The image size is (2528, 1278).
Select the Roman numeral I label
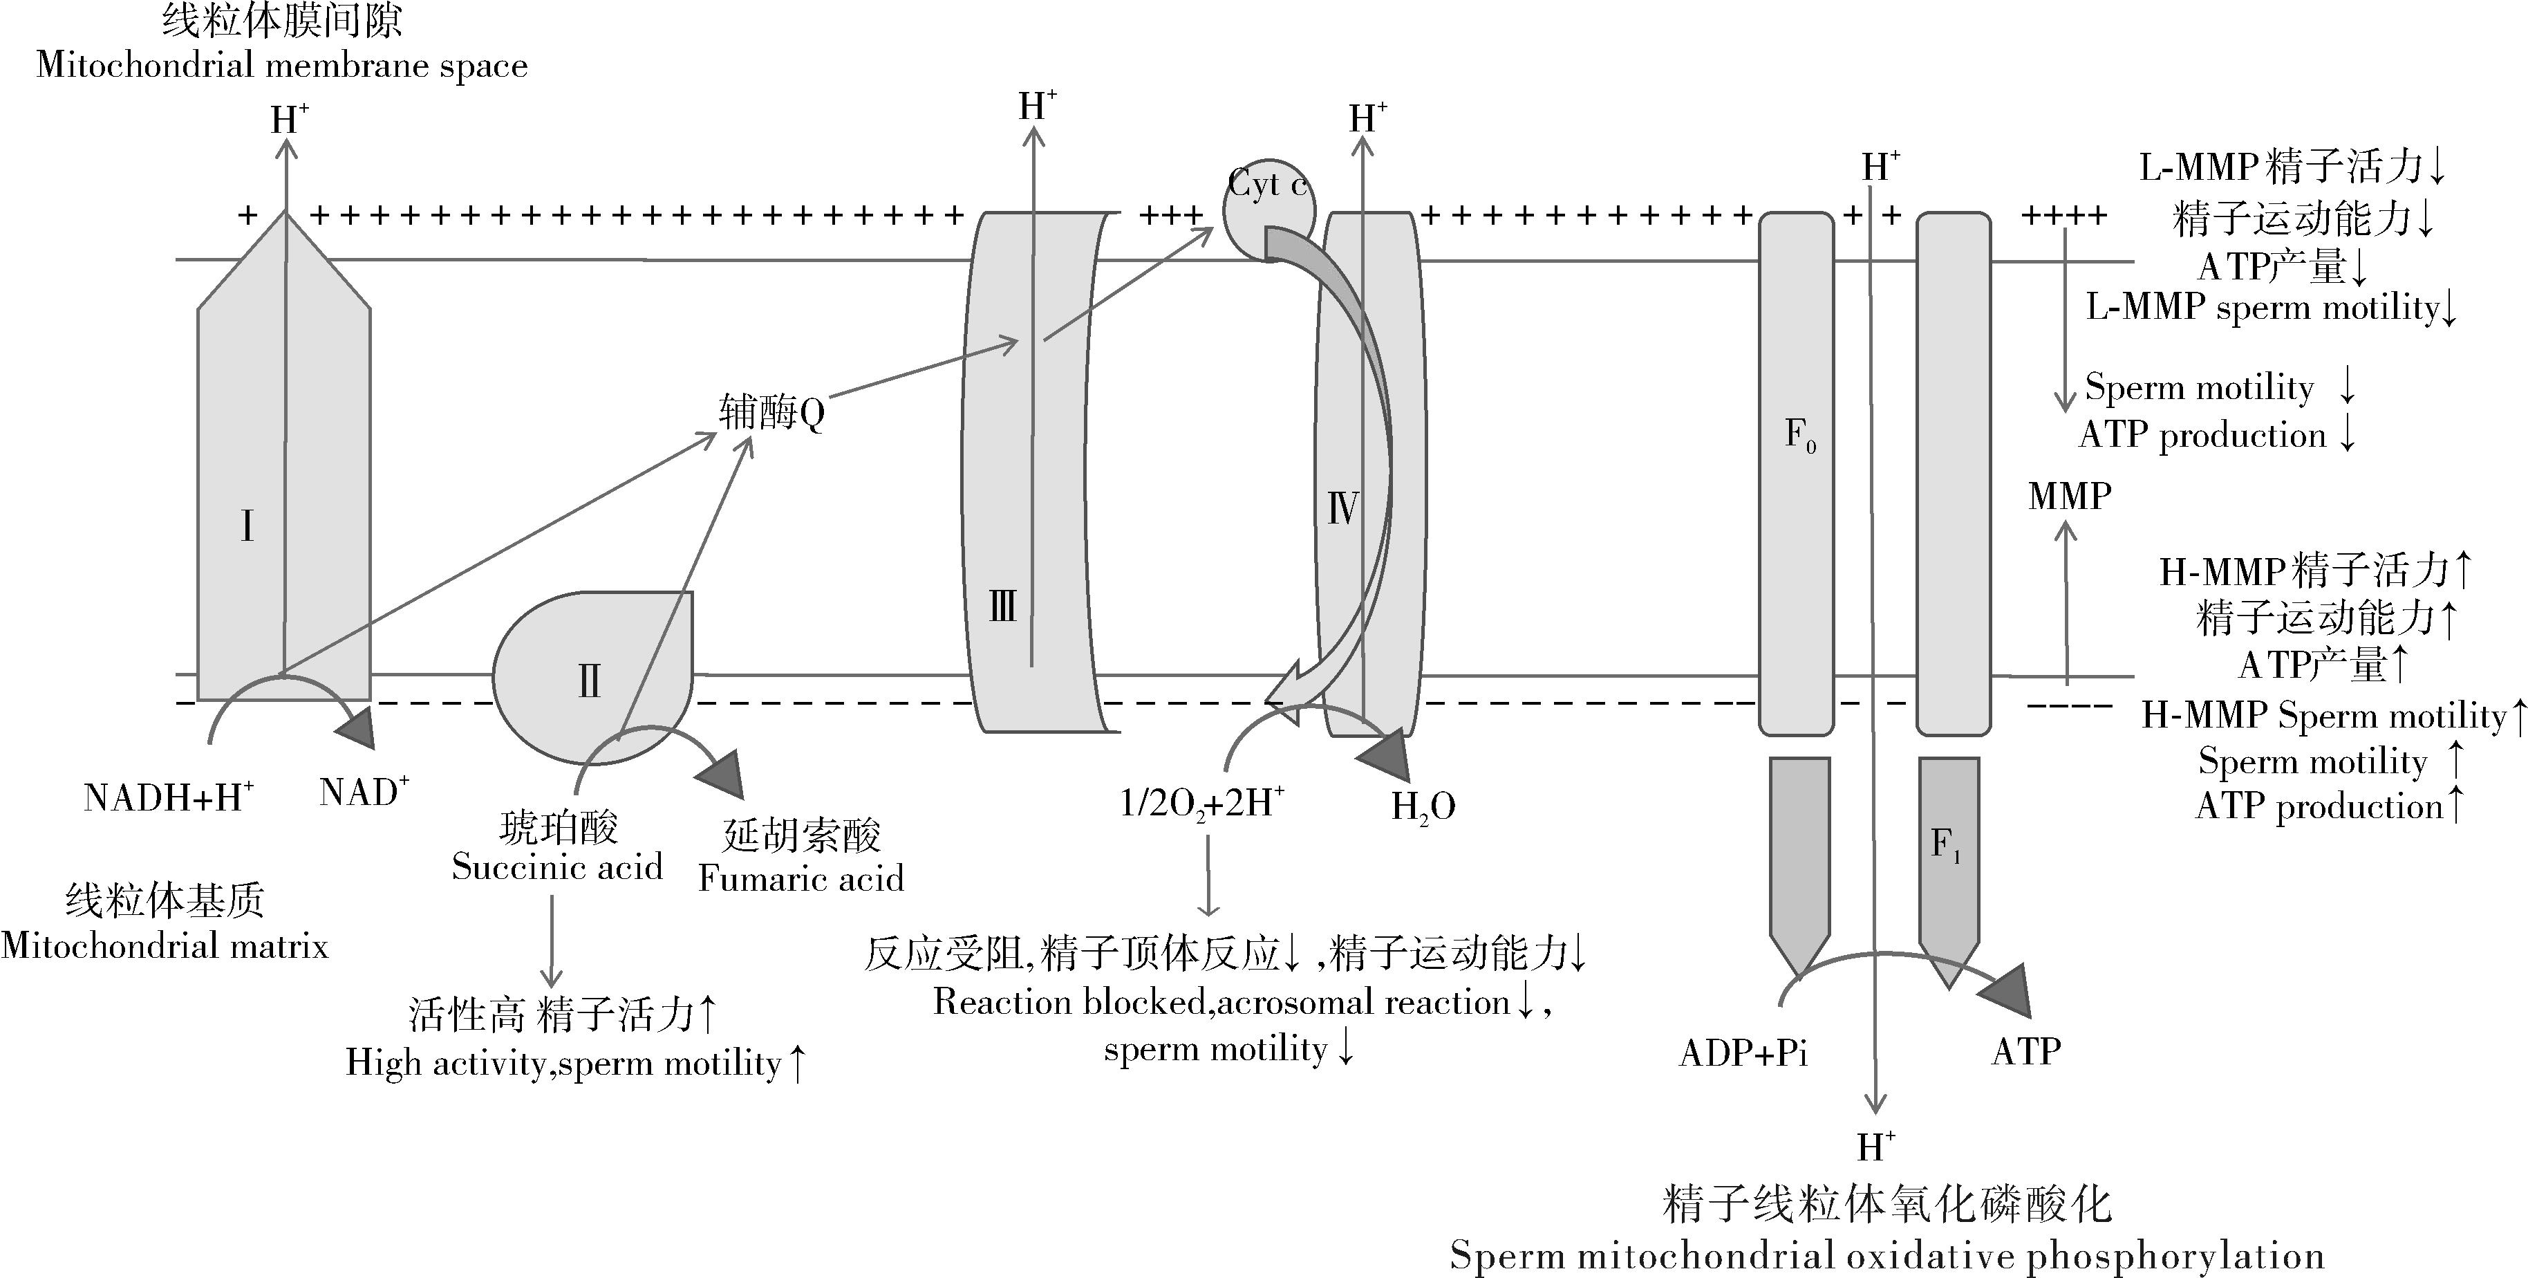(247, 527)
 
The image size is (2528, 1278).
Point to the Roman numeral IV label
(1342, 508)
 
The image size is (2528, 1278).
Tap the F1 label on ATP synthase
(1945, 844)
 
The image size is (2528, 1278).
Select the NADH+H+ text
(169, 797)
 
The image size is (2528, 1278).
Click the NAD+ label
(363, 791)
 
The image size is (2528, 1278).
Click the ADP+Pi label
(1743, 1053)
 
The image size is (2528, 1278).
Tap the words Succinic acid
(556, 867)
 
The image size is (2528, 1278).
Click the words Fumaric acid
(800, 878)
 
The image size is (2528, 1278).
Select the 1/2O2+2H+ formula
(1202, 803)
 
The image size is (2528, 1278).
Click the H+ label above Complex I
(288, 120)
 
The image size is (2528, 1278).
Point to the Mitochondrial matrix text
(164, 945)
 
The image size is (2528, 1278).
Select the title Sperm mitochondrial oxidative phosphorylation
(1886, 1255)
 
